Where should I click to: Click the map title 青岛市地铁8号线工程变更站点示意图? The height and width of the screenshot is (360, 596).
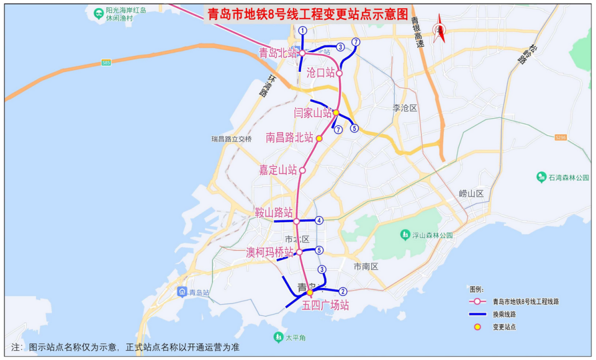pyautogui.click(x=307, y=14)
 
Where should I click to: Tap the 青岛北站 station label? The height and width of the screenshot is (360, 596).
pyautogui.click(x=279, y=53)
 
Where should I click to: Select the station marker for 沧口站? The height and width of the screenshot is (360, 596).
pyautogui.click(x=340, y=73)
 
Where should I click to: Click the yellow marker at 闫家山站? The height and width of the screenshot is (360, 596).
pyautogui.click(x=336, y=112)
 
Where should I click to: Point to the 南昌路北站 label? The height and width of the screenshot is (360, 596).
pyautogui.click(x=289, y=138)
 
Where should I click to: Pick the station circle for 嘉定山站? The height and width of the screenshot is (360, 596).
pyautogui.click(x=302, y=170)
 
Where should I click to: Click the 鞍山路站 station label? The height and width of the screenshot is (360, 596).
pyautogui.click(x=274, y=213)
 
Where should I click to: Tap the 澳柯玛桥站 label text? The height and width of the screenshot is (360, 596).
pyautogui.click(x=269, y=252)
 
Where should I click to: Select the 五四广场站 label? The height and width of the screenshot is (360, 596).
pyautogui.click(x=325, y=305)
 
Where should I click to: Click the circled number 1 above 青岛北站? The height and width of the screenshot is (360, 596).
pyautogui.click(x=302, y=30)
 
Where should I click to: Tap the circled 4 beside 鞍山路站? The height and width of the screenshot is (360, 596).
pyautogui.click(x=318, y=220)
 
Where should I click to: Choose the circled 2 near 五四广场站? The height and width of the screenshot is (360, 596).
pyautogui.click(x=342, y=291)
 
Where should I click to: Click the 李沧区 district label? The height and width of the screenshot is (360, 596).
pyautogui.click(x=405, y=108)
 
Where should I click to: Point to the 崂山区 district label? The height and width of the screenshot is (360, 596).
pyautogui.click(x=471, y=194)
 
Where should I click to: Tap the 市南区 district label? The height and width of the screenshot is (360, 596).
pyautogui.click(x=366, y=266)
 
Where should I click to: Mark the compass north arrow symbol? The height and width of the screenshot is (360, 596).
pyautogui.click(x=440, y=29)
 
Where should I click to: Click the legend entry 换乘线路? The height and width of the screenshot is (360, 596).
pyautogui.click(x=504, y=314)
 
